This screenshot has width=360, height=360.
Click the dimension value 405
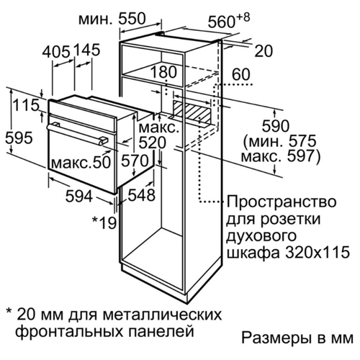[x=56, y=51]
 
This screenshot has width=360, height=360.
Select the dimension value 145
[x=86, y=50]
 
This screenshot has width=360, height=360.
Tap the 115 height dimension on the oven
[x=26, y=105]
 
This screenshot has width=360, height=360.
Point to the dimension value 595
[x=19, y=138]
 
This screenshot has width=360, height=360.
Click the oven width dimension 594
[x=79, y=195]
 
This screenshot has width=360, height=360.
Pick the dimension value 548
[x=141, y=194]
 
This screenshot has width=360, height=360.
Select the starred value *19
[x=104, y=222]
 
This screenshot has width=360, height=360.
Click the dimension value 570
[x=135, y=161]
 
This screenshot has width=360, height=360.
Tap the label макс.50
[x=81, y=162]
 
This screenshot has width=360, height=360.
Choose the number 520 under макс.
[x=153, y=143]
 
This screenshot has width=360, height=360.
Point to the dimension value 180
[x=163, y=72]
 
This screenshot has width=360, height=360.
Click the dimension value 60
[x=241, y=74]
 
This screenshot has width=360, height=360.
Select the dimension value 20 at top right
[x=264, y=51]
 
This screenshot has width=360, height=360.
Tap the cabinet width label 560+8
[x=229, y=20]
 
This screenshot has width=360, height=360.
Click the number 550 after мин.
[x=132, y=19]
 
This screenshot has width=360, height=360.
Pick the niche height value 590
[x=276, y=126]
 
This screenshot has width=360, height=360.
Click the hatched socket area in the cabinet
[x=191, y=111]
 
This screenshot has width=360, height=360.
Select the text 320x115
[x=318, y=252]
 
